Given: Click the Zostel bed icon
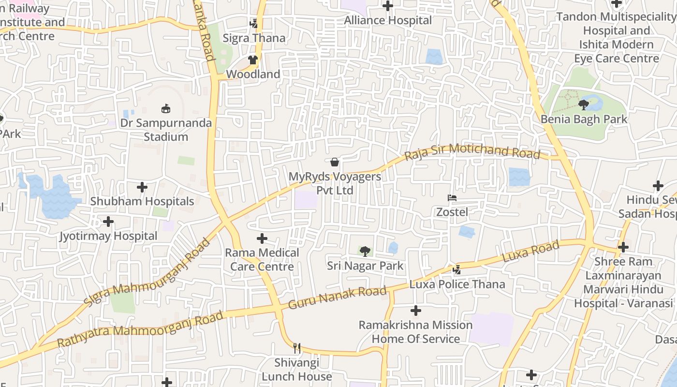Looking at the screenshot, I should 452,198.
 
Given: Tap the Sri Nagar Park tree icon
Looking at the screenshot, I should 365,251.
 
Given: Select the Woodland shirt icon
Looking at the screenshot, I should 253,60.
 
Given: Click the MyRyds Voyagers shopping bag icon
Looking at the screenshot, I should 334,162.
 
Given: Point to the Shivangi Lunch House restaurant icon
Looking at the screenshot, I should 297,348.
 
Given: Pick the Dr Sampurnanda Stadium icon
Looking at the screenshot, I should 166,108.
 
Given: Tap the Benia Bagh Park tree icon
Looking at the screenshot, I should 584,104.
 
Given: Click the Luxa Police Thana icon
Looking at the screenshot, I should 457,269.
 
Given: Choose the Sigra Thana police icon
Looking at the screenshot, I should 253,23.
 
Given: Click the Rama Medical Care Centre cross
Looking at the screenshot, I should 262,238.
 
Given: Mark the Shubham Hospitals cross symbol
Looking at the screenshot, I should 142,187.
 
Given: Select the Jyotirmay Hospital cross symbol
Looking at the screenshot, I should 108,222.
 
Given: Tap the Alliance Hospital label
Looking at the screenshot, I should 388,20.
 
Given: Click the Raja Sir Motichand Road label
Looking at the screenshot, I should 472,151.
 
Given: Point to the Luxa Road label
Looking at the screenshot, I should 530,252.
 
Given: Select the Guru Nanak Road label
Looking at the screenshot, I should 338,298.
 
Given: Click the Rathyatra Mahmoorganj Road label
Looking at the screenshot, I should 140,329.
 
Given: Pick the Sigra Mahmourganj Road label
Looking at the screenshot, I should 147,272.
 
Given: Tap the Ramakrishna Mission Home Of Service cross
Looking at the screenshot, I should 415,311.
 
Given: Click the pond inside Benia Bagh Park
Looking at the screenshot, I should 594,103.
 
